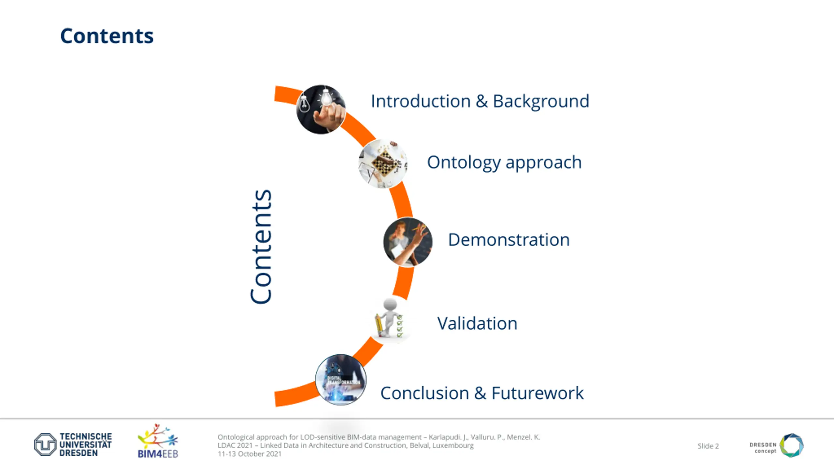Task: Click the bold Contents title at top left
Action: pos(107,36)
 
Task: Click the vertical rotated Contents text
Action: pos(261,247)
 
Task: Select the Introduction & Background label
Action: pos(480,101)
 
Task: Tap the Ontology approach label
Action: pos(504,162)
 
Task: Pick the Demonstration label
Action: pos(509,240)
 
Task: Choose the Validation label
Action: pos(477,323)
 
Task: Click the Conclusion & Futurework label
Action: pos(482,393)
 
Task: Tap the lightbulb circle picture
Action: pos(321,109)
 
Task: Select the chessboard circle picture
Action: pos(383,163)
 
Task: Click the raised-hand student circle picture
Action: pos(408,242)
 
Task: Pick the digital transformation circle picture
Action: pos(340,380)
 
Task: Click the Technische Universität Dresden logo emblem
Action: pos(45,444)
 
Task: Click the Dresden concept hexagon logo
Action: pos(792,445)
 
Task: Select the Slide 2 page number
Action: pos(708,446)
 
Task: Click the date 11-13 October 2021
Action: pos(250,454)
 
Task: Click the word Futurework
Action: pos(537,393)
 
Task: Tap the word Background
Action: pos(541,101)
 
